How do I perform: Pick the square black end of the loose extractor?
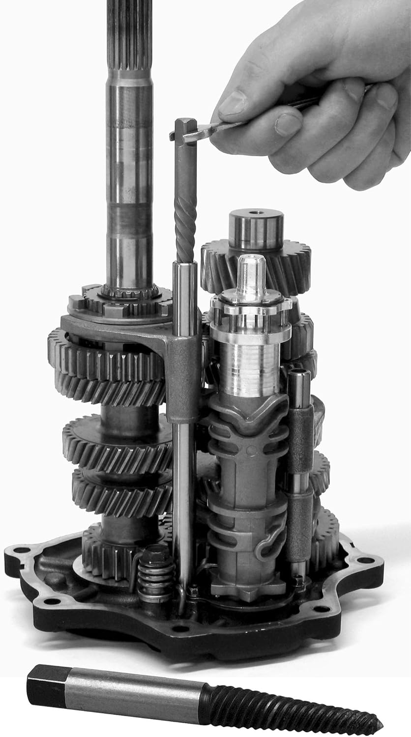click(47, 686)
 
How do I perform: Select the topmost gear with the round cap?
click(256, 265)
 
